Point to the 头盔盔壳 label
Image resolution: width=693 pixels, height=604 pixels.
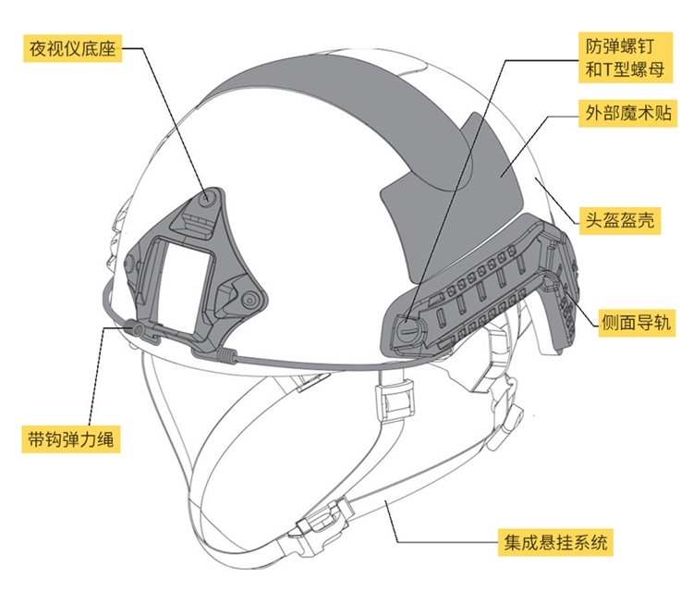(619, 221)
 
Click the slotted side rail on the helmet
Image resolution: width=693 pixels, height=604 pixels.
(480, 287)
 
